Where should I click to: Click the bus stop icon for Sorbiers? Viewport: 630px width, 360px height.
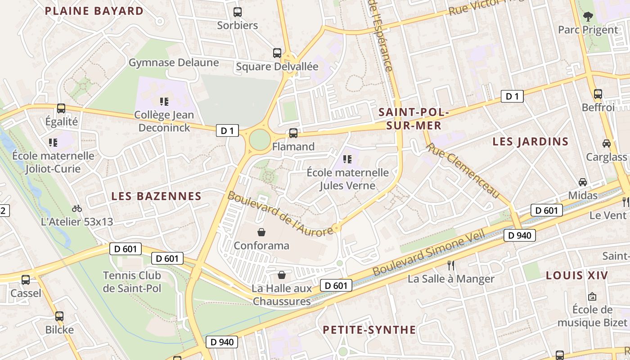pos(237,12)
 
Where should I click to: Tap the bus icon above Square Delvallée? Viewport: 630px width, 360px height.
pos(277,53)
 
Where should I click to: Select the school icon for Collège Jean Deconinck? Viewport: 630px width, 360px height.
pos(164,101)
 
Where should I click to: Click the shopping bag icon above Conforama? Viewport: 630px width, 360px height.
pos(261,232)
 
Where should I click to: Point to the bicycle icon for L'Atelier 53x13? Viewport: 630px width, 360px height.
pos(77,208)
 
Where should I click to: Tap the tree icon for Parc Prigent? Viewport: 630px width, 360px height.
pos(588,17)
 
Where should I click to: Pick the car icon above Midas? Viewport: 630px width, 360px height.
pos(583,182)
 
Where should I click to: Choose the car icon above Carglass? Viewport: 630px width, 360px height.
pos(606,144)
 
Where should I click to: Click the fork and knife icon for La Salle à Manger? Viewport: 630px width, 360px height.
pos(451,265)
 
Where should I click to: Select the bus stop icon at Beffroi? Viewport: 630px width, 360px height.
pos(598,94)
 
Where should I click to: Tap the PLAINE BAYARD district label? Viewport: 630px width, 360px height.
pos(94,11)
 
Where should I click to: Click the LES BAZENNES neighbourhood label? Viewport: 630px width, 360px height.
pos(156,196)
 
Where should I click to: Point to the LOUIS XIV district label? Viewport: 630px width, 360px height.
pos(576,275)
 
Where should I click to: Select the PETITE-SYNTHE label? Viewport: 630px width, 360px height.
pos(369,330)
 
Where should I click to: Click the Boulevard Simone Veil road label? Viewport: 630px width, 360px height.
pos(429,253)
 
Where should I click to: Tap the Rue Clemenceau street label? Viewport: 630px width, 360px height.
pos(463,171)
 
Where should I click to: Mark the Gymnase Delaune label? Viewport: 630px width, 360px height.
pos(174,63)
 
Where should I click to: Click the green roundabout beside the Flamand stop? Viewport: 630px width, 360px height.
pos(259,139)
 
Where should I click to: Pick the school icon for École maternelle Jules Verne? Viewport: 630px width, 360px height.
pos(347,159)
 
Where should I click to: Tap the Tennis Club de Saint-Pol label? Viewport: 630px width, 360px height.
pos(132,282)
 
